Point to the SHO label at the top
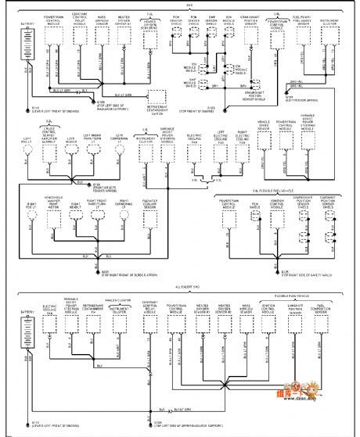[178, 5]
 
